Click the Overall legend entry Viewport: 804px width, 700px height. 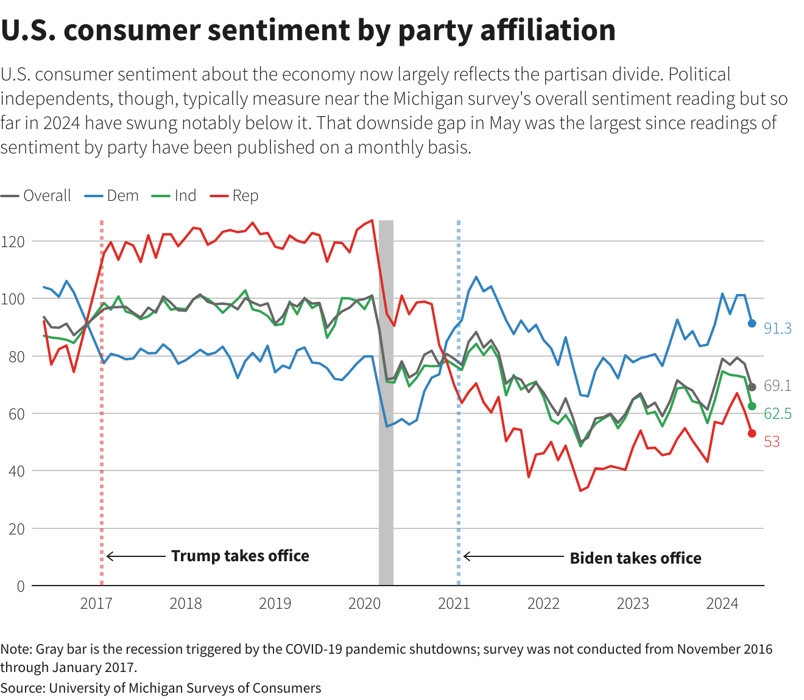(x=37, y=196)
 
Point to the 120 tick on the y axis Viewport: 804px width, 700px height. (x=13, y=242)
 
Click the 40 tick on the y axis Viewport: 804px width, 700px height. (x=16, y=471)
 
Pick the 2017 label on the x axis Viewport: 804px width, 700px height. (x=96, y=603)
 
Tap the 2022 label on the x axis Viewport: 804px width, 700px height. (x=543, y=603)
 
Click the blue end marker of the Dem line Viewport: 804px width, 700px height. (x=752, y=324)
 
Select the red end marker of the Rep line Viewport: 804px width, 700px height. (x=752, y=433)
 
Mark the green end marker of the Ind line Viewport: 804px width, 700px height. (x=752, y=406)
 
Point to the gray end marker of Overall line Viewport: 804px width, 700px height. (x=752, y=387)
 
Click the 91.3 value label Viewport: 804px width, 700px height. (x=778, y=329)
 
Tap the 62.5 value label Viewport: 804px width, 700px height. (x=778, y=414)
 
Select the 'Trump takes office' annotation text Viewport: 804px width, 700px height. (x=240, y=556)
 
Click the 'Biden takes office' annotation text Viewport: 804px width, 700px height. (x=635, y=558)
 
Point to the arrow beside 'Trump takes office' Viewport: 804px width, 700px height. (x=136, y=556)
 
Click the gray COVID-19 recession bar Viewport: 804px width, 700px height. (x=386, y=402)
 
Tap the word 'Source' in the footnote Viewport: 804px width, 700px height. (x=22, y=688)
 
